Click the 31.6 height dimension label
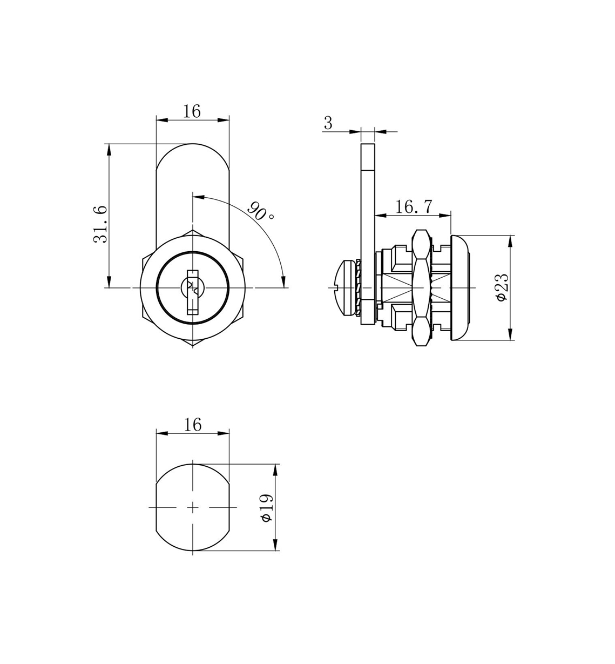coord(100,224)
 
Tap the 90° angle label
coord(261,211)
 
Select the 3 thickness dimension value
coord(328,123)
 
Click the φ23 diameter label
coord(502,287)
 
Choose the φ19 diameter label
coord(267,508)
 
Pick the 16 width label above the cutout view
coord(193,425)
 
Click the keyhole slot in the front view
coord(193,292)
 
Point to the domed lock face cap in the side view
coord(461,287)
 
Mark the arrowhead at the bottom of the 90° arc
coord(284,282)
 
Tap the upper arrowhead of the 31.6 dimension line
coord(109,150)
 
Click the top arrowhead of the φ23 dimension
coord(510,241)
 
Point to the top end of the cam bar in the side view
coord(368,144)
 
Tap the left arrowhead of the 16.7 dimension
coord(380,216)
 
